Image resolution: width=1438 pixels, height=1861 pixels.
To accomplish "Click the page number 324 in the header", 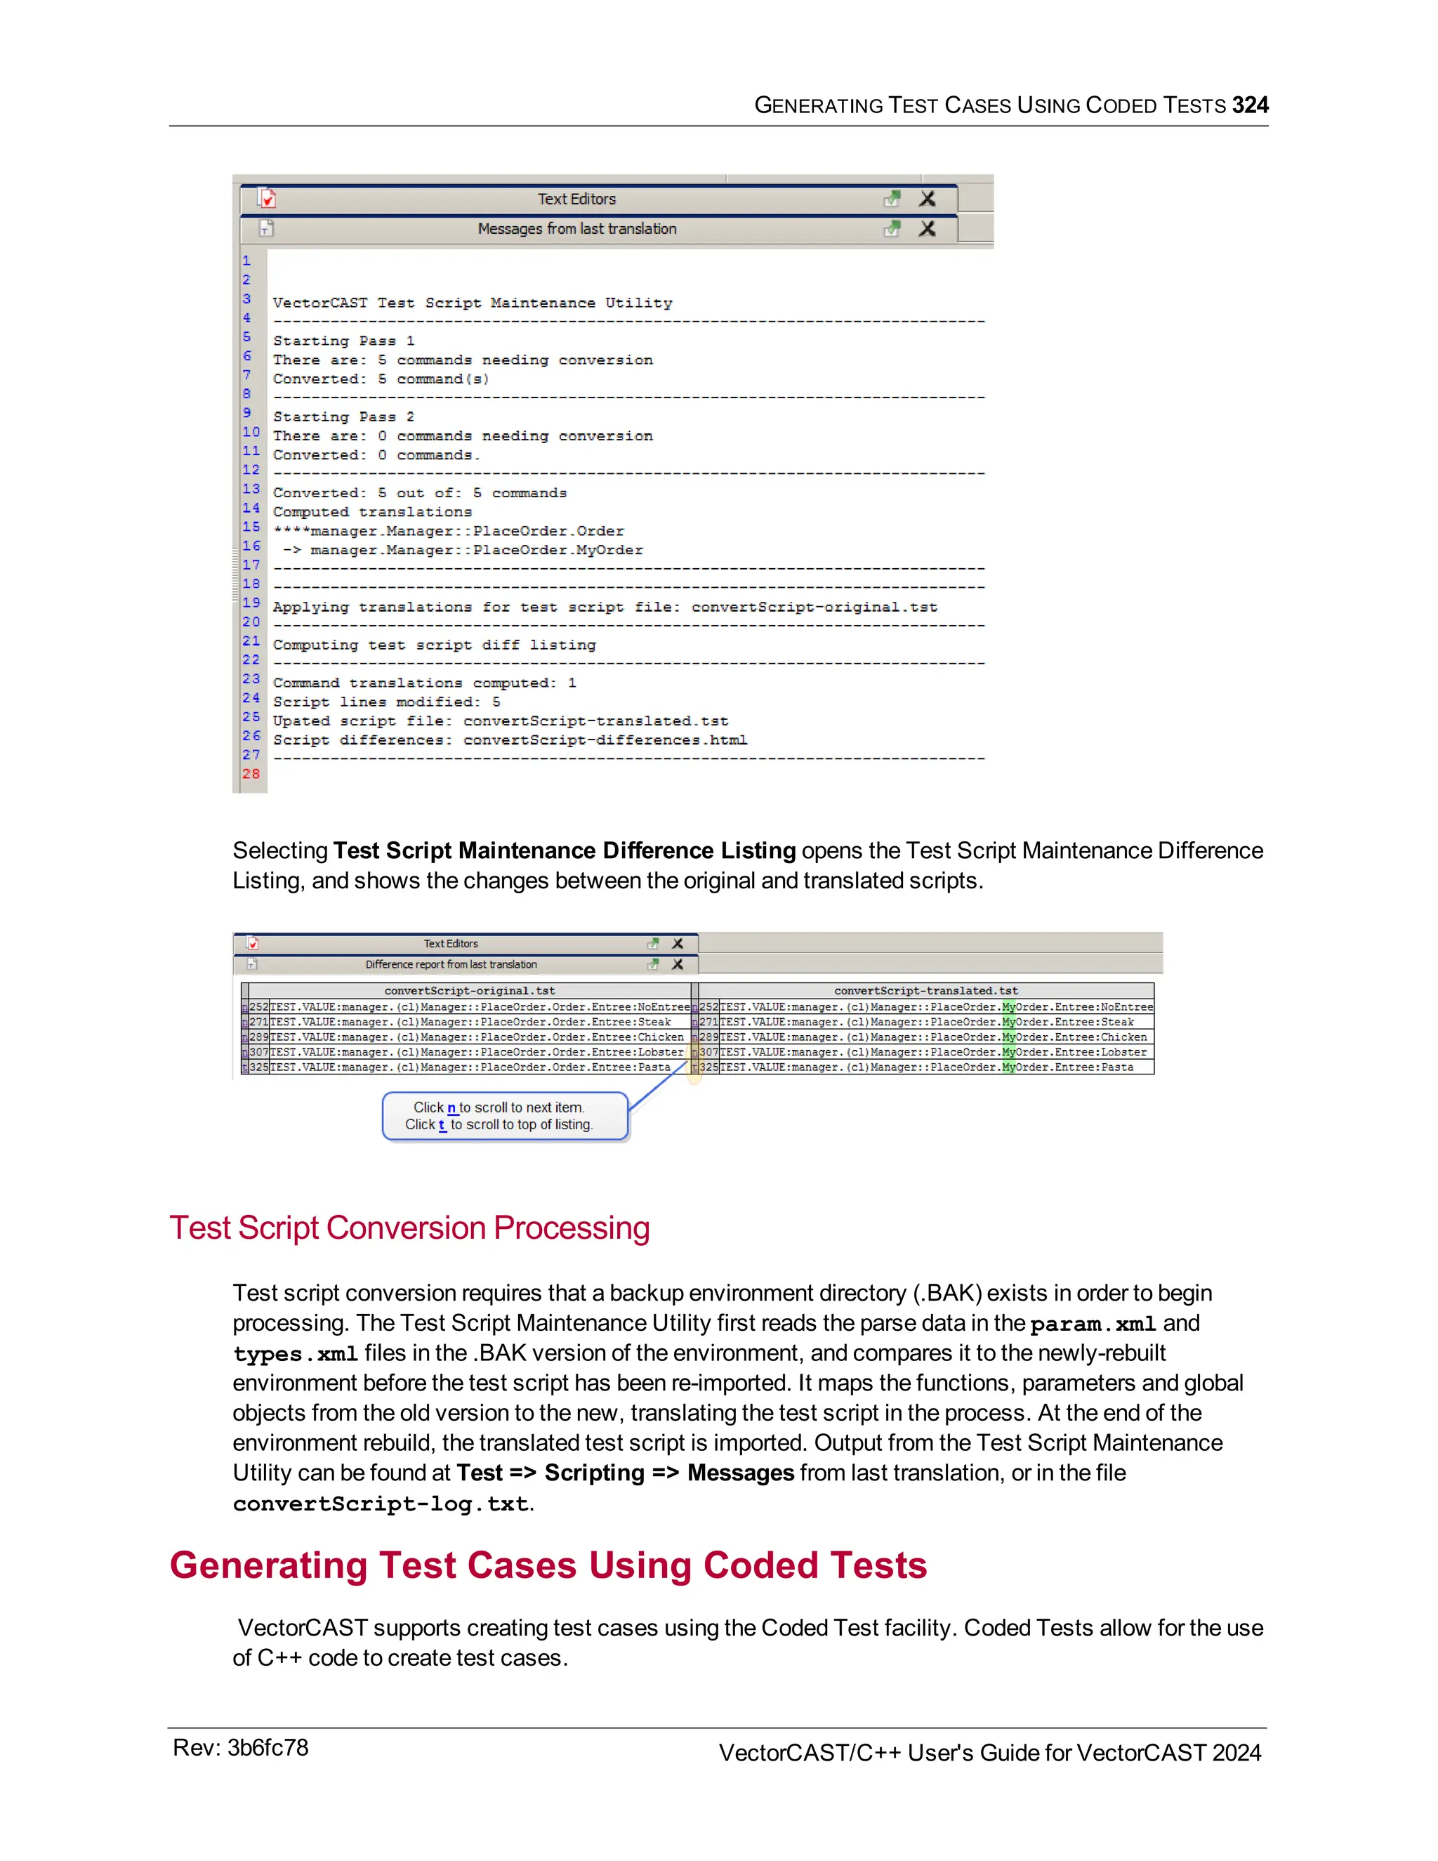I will point(1250,105).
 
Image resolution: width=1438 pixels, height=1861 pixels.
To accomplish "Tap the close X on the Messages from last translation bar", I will point(927,228).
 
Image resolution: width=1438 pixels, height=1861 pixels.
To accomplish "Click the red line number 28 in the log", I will point(251,774).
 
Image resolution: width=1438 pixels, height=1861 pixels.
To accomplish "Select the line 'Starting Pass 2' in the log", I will point(343,416).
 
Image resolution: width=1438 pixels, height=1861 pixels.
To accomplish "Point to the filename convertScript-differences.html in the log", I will point(605,739).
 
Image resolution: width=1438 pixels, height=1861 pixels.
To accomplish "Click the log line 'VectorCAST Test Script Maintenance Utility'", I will point(472,303).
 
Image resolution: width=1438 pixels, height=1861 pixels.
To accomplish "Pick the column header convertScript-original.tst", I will point(470,990).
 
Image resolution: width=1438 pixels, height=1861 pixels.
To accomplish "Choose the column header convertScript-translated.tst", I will point(926,990).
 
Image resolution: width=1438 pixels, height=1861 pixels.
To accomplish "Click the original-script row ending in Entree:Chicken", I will point(476,1037).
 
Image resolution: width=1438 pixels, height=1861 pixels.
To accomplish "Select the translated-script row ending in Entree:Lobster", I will point(933,1053).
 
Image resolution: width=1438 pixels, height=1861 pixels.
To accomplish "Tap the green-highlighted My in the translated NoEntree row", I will point(1009,1007).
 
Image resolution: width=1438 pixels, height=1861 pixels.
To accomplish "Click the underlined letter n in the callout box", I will point(451,1107).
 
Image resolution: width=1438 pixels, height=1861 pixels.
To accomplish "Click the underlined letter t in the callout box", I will point(442,1125).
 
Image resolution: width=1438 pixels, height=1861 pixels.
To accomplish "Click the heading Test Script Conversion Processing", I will point(409,1228).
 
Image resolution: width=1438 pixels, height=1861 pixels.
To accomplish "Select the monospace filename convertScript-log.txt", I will point(381,1504).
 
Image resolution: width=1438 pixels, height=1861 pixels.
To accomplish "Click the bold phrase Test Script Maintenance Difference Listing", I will point(564,850).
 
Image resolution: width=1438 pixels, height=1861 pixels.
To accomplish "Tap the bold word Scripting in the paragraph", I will point(594,1473).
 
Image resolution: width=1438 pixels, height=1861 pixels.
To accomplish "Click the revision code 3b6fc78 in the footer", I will point(268,1748).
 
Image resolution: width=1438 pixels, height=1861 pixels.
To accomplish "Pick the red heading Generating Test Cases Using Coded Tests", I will point(548,1565).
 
